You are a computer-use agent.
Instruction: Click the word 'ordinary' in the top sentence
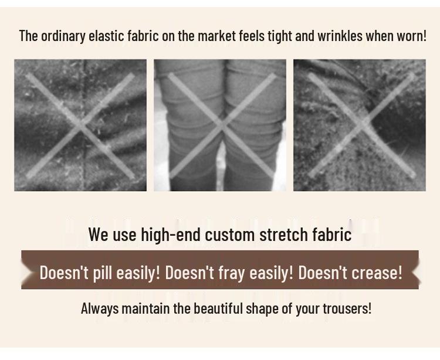pos(62,36)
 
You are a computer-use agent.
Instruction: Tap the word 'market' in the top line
pos(216,36)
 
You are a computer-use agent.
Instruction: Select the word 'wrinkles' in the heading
pos(340,36)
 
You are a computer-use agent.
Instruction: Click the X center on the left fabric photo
pos(80,125)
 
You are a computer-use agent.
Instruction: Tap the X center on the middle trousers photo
pos(221,125)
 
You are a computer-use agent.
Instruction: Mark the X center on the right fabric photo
pos(360,125)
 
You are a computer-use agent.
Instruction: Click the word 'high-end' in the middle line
pos(171,235)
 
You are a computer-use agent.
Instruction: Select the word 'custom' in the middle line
pos(234,235)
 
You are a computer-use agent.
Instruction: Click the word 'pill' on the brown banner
pos(101,273)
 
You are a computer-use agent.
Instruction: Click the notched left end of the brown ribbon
pos(25,270)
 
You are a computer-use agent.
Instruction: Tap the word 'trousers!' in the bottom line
pos(347,308)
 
